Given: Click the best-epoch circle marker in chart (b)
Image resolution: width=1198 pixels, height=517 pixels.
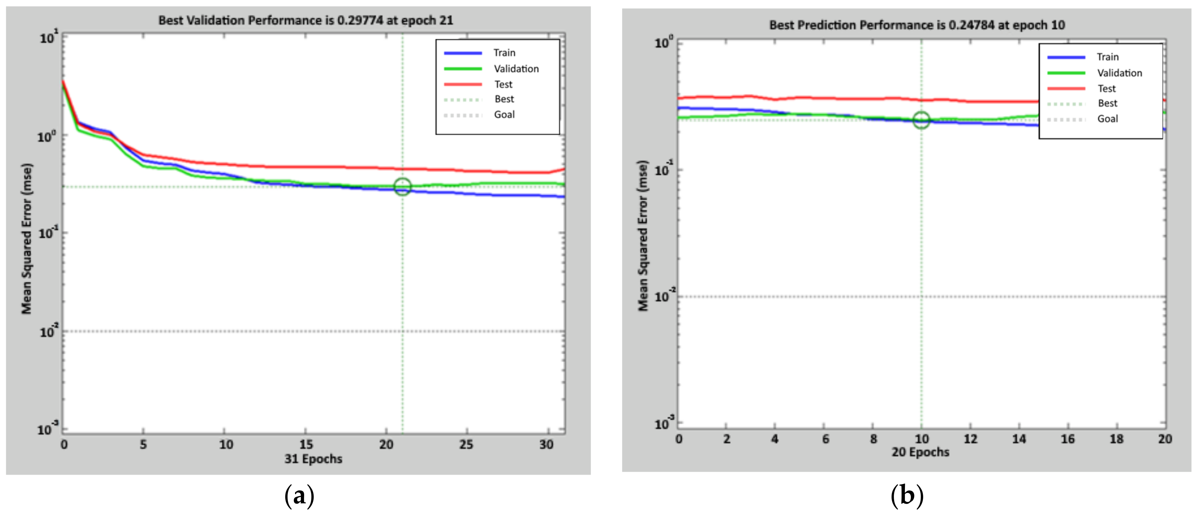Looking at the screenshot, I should [921, 120].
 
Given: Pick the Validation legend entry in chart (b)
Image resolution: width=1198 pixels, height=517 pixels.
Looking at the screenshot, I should [1119, 73].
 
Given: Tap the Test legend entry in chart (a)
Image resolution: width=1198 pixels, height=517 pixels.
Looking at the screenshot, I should [503, 84].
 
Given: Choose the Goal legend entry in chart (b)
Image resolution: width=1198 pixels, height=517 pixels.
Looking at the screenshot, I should [1107, 119].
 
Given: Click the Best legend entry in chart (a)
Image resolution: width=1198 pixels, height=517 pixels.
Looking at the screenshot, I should [504, 99].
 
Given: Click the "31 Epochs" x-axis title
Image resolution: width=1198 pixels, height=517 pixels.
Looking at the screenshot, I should [313, 459].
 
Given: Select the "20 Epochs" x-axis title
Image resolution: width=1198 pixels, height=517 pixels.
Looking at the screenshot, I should [920, 452].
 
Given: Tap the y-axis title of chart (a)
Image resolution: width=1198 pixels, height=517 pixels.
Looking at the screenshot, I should [27, 238].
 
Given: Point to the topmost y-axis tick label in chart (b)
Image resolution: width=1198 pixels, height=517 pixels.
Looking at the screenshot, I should [664, 43].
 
